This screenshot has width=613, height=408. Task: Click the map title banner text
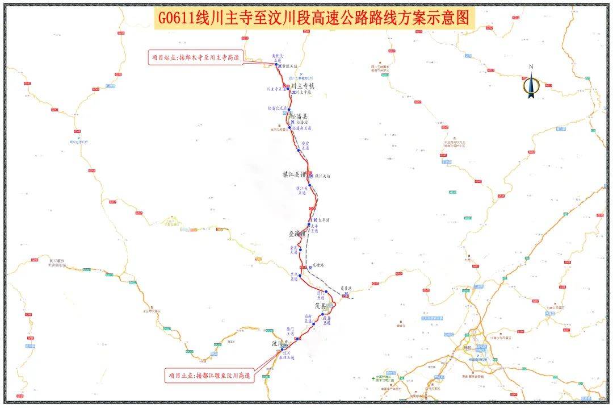pos(314,18)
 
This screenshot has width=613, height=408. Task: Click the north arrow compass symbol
pos(531,83)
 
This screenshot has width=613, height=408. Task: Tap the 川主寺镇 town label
pos(303,86)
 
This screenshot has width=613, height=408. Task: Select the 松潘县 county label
pos(299,116)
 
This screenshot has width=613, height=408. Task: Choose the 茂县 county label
pos(316,305)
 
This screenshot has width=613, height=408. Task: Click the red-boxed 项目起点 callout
pos(195,57)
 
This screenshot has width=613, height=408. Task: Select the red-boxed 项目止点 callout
pos(210,376)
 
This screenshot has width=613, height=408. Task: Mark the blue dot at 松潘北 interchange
pos(289,110)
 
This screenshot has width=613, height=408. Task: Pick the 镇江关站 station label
pos(322,176)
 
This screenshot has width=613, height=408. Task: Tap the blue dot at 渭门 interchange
pos(326,292)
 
